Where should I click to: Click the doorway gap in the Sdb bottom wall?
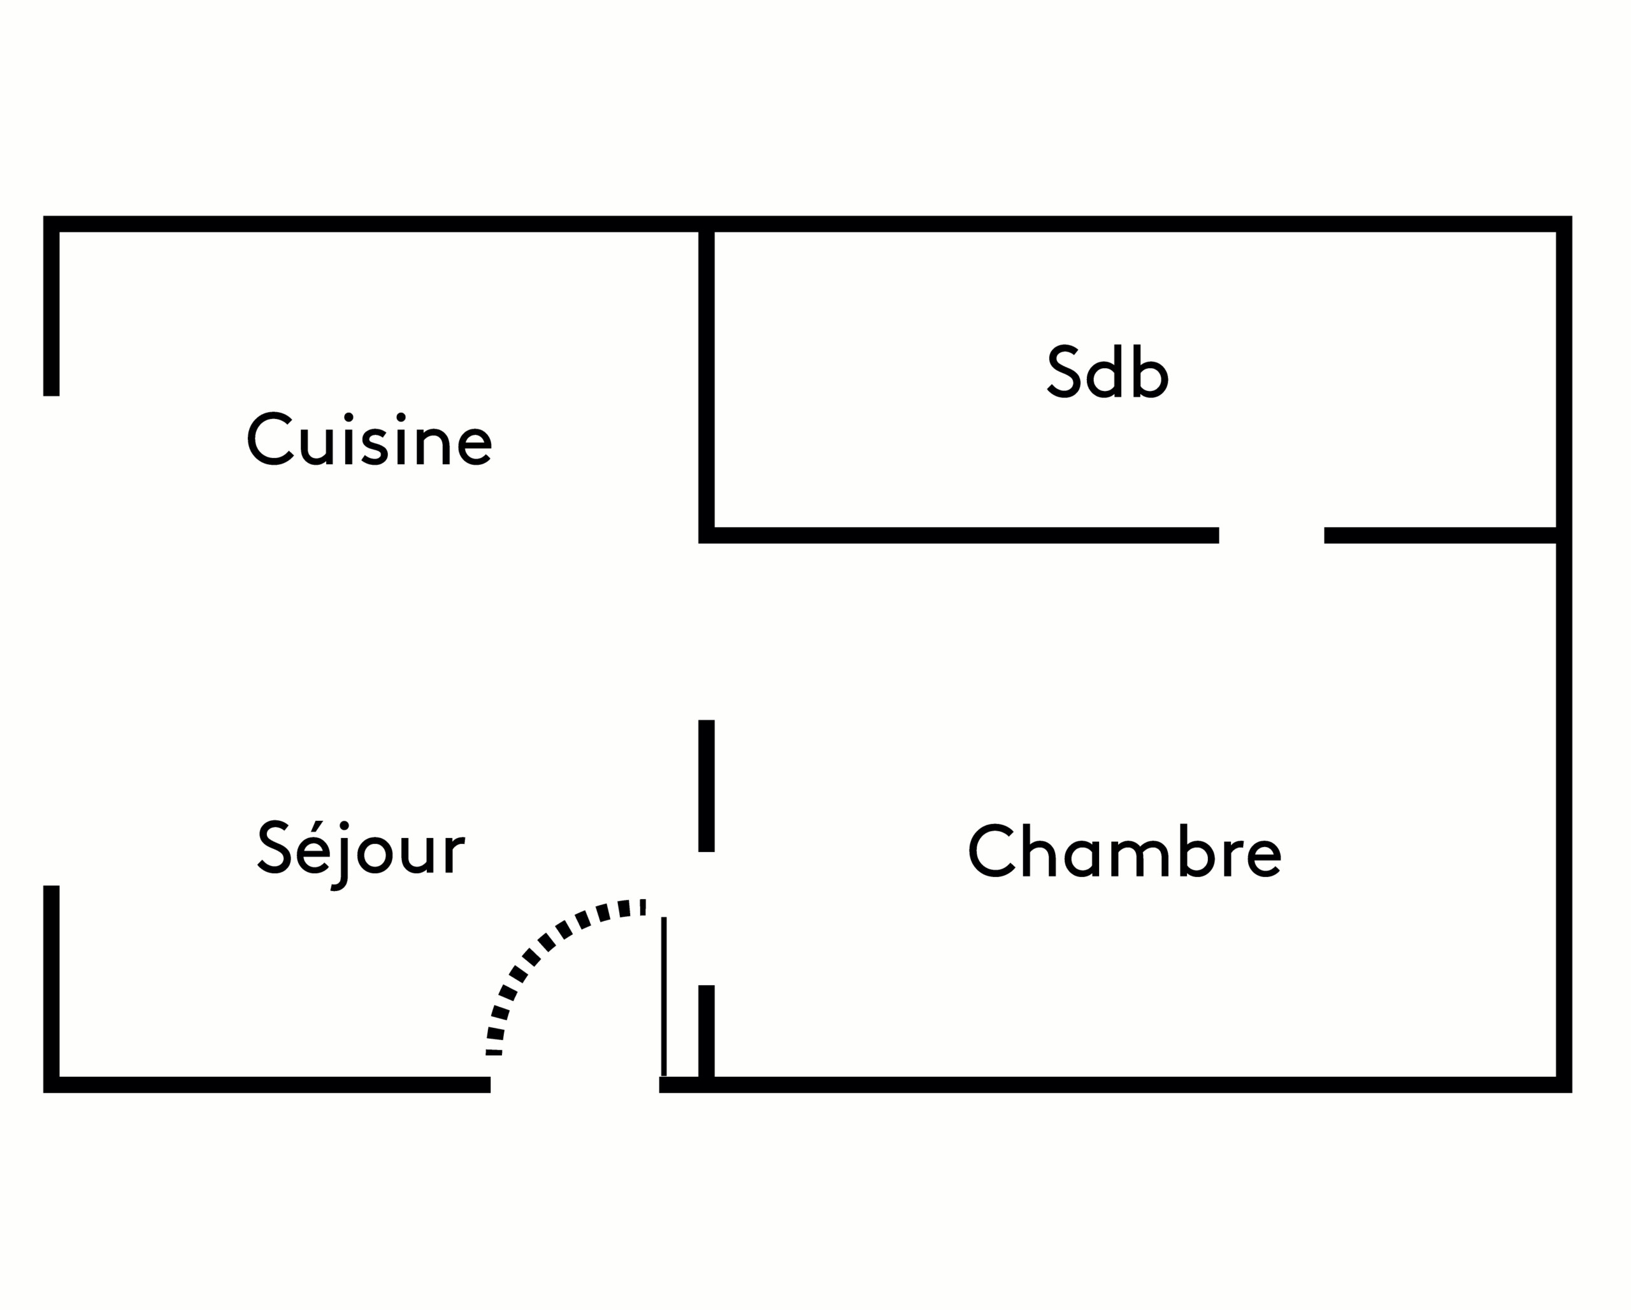[1271, 536]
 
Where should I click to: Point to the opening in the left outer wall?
[52, 639]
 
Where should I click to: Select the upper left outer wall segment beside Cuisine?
[52, 310]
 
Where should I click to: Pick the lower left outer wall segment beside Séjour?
[52, 983]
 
